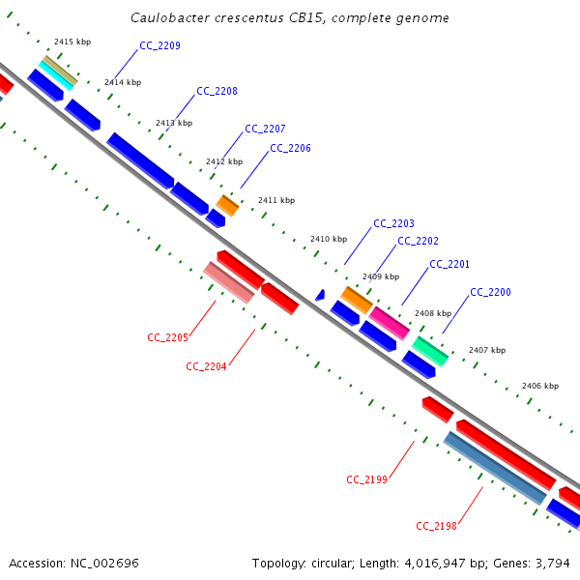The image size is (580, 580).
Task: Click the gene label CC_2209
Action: click(x=159, y=45)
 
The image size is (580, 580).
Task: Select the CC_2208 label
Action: click(x=217, y=91)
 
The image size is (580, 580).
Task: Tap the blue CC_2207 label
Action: click(x=265, y=129)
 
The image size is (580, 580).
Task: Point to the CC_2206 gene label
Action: click(x=290, y=148)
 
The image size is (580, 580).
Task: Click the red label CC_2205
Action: click(x=167, y=337)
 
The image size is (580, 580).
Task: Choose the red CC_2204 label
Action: click(x=206, y=366)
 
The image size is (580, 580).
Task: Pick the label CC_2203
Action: click(x=393, y=223)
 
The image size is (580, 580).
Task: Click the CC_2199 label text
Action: click(x=366, y=478)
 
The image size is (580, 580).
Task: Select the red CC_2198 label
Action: click(x=436, y=525)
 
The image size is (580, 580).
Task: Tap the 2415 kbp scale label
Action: click(x=72, y=42)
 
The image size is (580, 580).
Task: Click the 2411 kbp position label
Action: click(x=276, y=200)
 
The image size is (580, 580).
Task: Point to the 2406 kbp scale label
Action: click(x=540, y=386)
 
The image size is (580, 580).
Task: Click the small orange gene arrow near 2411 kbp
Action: click(x=227, y=205)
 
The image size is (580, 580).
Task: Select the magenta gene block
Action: click(x=389, y=322)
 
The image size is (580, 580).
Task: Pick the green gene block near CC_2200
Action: click(x=430, y=351)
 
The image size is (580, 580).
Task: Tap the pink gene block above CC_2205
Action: click(x=229, y=282)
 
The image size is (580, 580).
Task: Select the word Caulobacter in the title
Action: click(x=168, y=18)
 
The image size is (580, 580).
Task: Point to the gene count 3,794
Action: click(x=553, y=563)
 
